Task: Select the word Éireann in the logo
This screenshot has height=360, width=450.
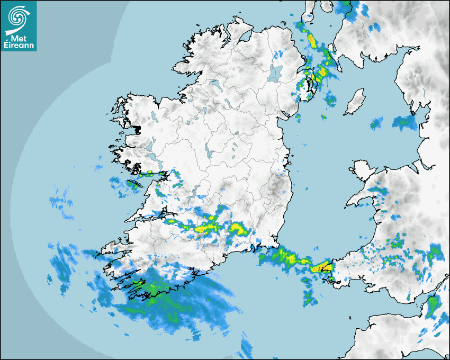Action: click(19, 46)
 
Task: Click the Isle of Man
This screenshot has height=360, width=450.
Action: click(355, 102)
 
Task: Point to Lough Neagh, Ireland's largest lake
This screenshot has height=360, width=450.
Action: click(275, 73)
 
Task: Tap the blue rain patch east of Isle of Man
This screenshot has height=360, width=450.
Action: click(405, 123)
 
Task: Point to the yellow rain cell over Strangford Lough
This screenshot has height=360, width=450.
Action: click(321, 71)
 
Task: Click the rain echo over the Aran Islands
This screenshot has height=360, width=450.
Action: click(132, 183)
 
